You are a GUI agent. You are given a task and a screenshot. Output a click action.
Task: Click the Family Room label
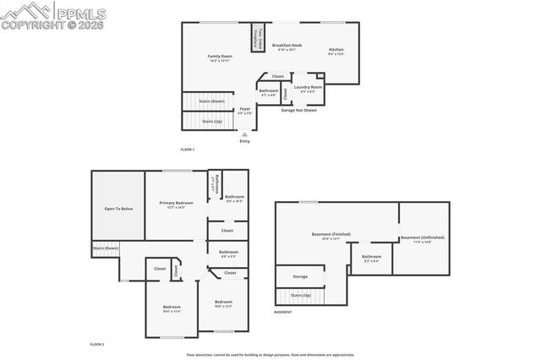coord(220,57)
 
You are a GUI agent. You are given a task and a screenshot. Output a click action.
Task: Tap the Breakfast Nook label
coord(287,47)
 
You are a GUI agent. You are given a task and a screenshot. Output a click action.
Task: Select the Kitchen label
coord(336,52)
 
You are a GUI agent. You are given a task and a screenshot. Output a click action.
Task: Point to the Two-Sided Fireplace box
coord(261,37)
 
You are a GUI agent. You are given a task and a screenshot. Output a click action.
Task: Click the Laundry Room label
coord(308,89)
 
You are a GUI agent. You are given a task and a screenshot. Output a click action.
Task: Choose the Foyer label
coord(244,111)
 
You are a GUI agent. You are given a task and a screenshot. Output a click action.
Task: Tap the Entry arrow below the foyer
coord(244,134)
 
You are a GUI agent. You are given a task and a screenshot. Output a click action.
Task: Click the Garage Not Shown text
coord(299,110)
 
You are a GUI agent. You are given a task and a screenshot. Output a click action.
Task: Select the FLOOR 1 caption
coord(188,150)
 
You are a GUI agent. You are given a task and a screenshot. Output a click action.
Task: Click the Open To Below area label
coord(118,209)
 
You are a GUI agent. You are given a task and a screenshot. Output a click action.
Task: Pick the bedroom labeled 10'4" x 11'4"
coord(172,308)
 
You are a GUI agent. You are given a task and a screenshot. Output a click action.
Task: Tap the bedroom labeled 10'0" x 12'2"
coord(223,303)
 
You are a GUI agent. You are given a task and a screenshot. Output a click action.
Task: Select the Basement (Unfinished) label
coord(422,239)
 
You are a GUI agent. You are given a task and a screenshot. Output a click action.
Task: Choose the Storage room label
coord(300,276)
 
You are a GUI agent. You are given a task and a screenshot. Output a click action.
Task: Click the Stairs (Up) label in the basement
coord(300,296)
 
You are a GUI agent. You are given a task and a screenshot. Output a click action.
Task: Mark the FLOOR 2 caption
coord(97,345)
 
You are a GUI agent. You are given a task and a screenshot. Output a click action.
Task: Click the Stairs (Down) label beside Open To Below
coord(105,248)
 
